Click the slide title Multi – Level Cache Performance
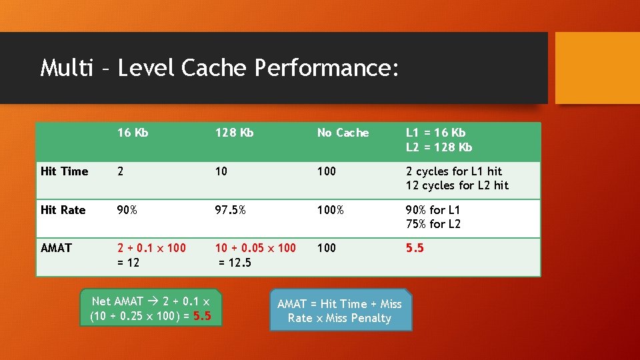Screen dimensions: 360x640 [x=219, y=68]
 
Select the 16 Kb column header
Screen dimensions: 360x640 [x=133, y=133]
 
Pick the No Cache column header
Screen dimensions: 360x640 [x=343, y=133]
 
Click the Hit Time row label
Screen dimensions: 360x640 [x=64, y=171]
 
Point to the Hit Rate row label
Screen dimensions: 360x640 [x=63, y=210]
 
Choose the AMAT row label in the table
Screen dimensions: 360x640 [x=56, y=248]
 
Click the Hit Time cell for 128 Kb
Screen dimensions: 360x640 [x=221, y=171]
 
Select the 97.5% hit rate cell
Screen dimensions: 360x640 [x=230, y=210]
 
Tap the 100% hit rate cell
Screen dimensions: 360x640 [x=331, y=210]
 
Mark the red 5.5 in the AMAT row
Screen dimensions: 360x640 [x=415, y=248]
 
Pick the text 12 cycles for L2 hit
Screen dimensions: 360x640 [x=457, y=185]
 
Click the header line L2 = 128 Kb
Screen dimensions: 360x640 [x=439, y=147]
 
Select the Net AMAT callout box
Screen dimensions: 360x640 [x=151, y=309]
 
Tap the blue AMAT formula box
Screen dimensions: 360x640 [x=340, y=311]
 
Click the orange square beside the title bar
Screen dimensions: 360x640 [x=597, y=68]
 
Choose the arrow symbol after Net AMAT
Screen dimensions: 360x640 [x=153, y=301]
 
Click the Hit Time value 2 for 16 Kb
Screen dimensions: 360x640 [x=121, y=171]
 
